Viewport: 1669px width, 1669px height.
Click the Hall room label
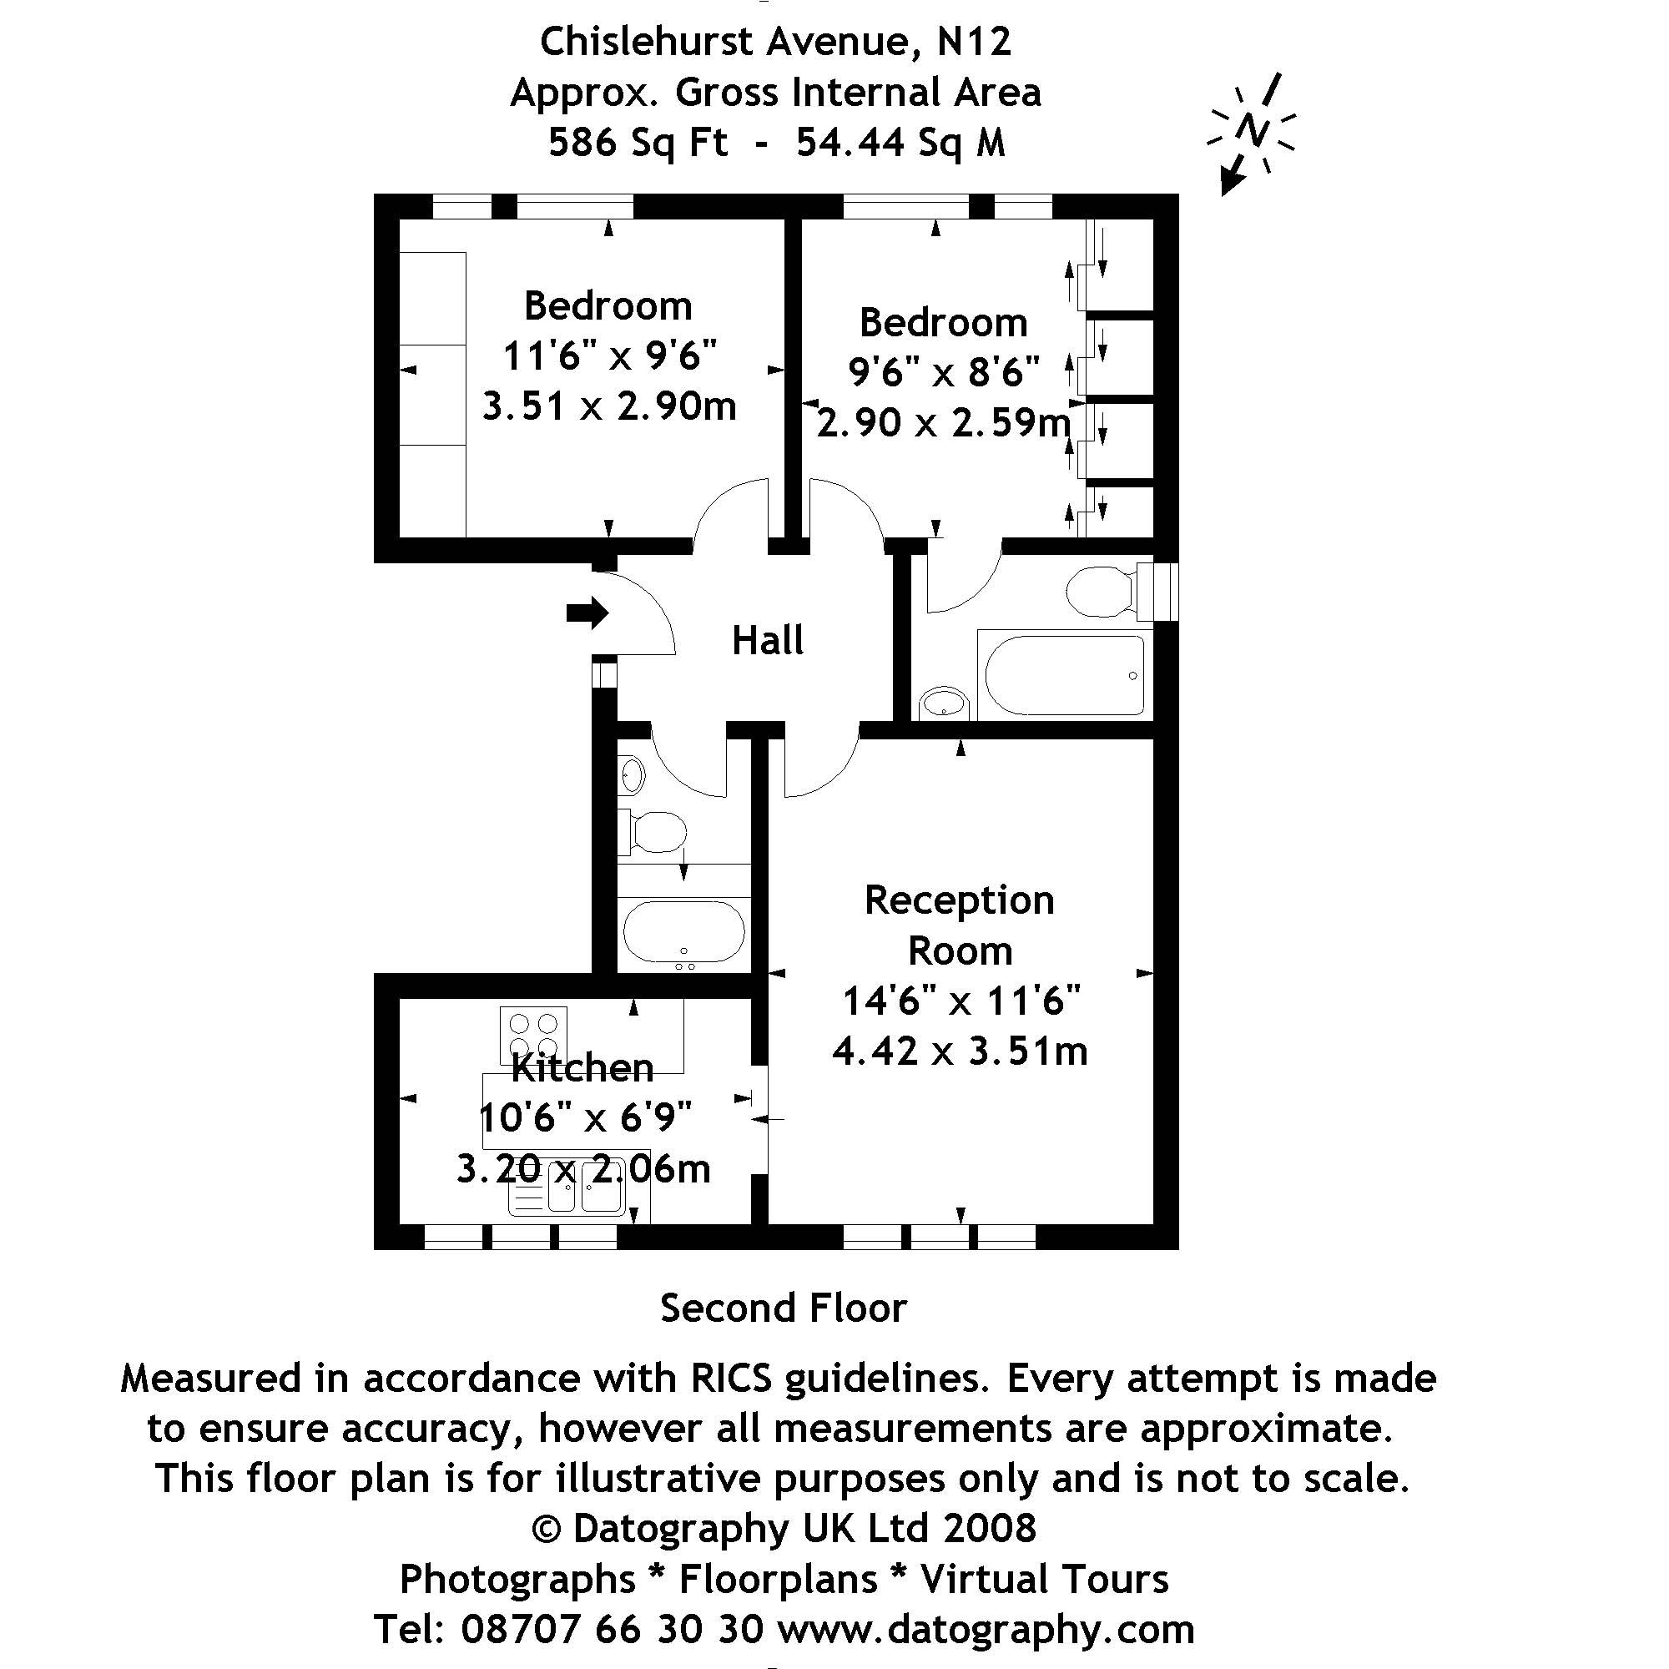click(x=767, y=641)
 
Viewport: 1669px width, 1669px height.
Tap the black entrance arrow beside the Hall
click(x=587, y=613)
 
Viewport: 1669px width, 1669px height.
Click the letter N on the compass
click(x=1252, y=130)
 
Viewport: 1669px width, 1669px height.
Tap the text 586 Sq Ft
click(x=638, y=143)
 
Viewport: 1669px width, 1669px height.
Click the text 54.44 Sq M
click(x=900, y=143)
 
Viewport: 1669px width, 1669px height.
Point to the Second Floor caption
click(x=784, y=1308)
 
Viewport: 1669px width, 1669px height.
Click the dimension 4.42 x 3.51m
click(x=960, y=1052)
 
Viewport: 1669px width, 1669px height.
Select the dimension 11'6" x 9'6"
click(x=610, y=355)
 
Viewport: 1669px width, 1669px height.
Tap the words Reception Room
click(x=960, y=925)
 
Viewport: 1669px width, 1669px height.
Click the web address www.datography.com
click(x=986, y=1629)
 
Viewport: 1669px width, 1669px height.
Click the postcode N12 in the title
click(x=975, y=42)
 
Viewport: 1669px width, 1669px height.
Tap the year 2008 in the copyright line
click(x=989, y=1528)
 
